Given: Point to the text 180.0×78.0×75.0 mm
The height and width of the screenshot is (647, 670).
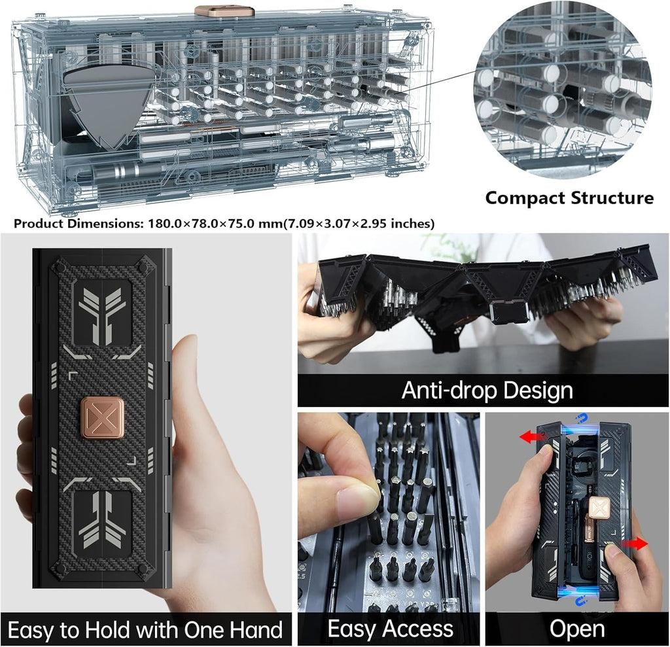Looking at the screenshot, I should click(193, 224).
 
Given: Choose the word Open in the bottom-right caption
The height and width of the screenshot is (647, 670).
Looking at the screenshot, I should click(577, 629).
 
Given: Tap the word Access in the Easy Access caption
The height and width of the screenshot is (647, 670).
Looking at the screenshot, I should click(419, 629).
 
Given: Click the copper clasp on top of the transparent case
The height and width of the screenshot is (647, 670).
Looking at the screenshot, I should click(224, 11).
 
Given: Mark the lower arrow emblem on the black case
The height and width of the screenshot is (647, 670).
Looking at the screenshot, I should click(103, 520).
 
